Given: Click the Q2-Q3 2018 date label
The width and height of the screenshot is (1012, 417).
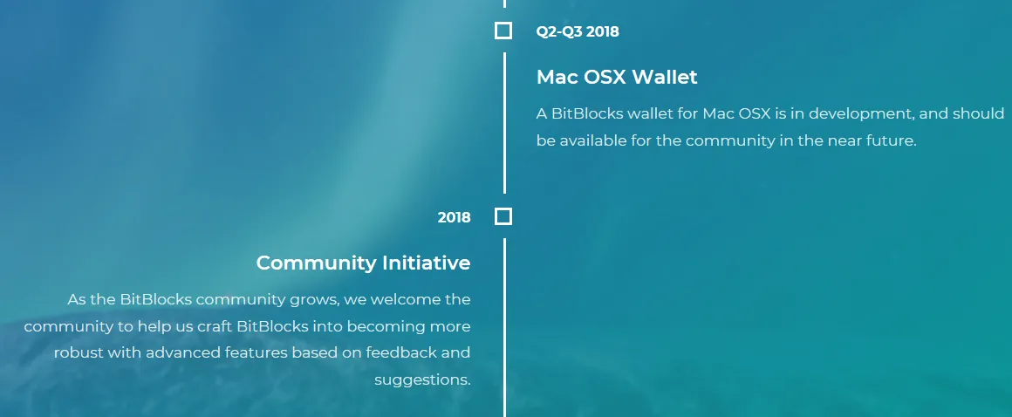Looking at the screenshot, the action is (x=578, y=31).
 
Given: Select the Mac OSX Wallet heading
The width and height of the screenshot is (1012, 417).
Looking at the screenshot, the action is (x=617, y=77).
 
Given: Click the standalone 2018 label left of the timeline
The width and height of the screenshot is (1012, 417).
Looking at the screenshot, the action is (x=455, y=217).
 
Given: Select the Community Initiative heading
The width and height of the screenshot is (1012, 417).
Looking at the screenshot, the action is (x=364, y=263).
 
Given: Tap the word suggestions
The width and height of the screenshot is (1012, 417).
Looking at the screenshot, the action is (x=423, y=380).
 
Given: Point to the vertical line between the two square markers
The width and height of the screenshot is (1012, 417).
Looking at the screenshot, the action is (x=504, y=123).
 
